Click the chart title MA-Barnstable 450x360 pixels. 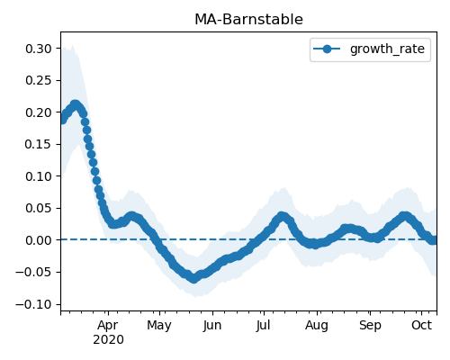(248, 20)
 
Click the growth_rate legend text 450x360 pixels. (387, 49)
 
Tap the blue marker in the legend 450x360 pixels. (327, 49)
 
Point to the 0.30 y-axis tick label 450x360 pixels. (39, 49)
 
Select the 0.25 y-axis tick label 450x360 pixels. (39, 80)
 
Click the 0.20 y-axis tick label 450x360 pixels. (39, 112)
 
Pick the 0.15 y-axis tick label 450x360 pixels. (39, 144)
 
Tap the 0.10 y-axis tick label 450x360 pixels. (39, 176)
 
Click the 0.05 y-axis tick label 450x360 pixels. (39, 208)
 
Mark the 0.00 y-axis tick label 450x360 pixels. (39, 240)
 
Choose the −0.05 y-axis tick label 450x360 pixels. (34, 272)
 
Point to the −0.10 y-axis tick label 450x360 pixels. (34, 304)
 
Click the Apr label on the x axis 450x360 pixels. (108, 326)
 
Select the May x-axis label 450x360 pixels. (159, 326)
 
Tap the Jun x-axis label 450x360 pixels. (212, 326)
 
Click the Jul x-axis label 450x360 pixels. (263, 326)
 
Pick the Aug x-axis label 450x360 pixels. (317, 326)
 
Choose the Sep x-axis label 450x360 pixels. (370, 326)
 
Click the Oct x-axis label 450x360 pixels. (421, 326)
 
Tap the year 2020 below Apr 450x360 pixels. (108, 340)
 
